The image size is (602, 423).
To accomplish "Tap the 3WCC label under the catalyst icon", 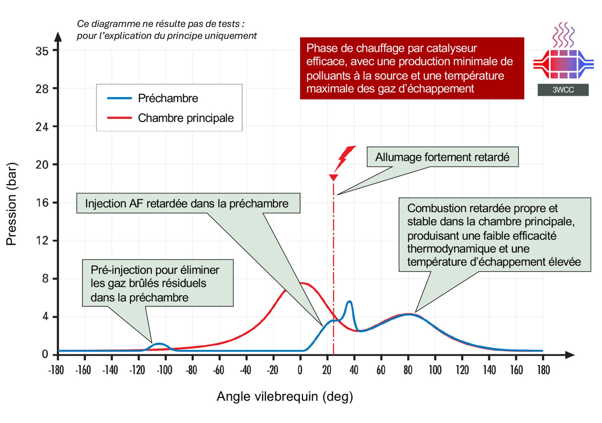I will (x=563, y=90).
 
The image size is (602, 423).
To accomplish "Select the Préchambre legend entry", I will (x=168, y=98).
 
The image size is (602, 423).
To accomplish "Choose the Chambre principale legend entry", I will (x=185, y=118).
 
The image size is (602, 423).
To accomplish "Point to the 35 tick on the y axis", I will (x=42, y=51).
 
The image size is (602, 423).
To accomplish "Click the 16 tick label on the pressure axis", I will (x=42, y=203).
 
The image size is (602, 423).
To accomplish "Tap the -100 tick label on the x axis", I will (x=164, y=370).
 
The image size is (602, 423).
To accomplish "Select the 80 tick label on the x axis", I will (x=408, y=370).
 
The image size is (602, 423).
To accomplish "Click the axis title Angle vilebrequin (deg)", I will (x=285, y=396).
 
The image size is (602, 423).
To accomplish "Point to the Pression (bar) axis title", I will (x=11, y=204).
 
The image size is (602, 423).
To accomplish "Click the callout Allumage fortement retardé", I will (x=442, y=157).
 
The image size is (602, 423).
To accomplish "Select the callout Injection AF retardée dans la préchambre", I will (x=187, y=204).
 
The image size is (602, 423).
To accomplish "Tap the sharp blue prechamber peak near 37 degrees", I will (x=349, y=302).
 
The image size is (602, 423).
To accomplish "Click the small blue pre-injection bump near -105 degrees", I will (x=159, y=344).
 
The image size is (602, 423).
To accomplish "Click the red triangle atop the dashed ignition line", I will (x=333, y=177).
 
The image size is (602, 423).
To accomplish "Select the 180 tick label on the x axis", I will (x=543, y=370).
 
